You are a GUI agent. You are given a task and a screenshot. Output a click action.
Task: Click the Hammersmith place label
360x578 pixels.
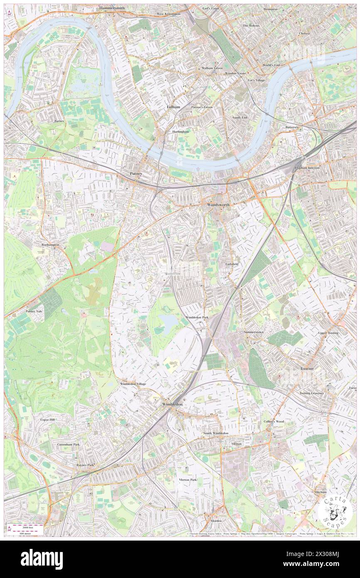(112, 8)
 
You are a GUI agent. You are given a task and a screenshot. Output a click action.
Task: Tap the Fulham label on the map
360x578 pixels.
(173, 107)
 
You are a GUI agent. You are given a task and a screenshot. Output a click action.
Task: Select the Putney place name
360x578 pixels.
(136, 173)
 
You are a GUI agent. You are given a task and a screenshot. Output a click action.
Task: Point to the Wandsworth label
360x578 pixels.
(218, 205)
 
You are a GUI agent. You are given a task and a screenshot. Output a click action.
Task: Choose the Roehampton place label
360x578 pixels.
(50, 245)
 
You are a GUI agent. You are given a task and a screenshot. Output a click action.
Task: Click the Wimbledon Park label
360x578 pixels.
(197, 317)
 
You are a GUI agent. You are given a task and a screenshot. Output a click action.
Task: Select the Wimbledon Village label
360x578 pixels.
(133, 384)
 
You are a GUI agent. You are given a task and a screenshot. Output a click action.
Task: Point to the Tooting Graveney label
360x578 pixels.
(312, 393)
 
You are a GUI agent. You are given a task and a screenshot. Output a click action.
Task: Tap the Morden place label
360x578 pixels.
(216, 521)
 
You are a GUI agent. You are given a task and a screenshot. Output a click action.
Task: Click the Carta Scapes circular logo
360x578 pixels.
(335, 512)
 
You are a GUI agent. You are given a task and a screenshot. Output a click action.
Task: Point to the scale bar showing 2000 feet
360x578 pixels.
(27, 526)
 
